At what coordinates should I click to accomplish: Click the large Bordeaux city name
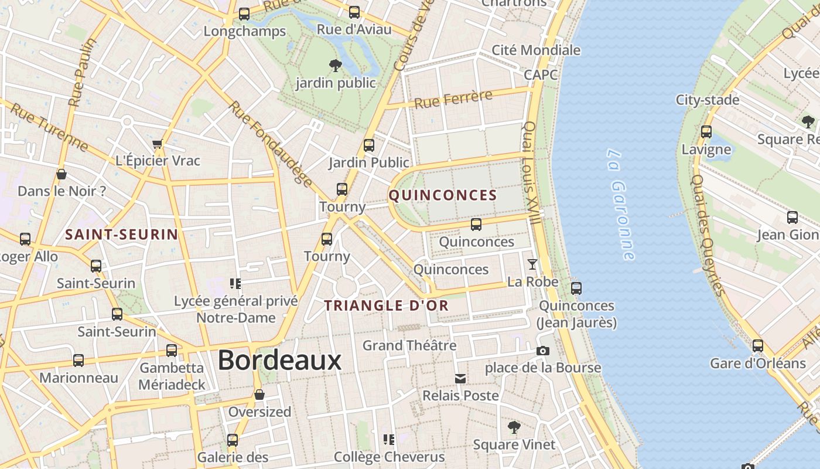[x=279, y=360]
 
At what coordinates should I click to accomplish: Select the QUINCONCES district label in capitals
[x=443, y=195]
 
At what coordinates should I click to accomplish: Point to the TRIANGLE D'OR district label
[x=387, y=305]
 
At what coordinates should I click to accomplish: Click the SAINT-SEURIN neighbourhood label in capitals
[x=121, y=235]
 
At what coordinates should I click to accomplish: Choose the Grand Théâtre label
[x=409, y=345]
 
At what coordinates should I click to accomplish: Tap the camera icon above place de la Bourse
[x=543, y=351]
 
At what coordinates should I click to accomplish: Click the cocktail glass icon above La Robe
[x=532, y=264]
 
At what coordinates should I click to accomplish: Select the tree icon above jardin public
[x=335, y=65]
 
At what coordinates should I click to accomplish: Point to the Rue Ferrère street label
[x=453, y=99]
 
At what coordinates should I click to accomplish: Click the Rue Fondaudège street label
[x=270, y=143]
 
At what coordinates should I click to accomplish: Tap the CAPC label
[x=540, y=74]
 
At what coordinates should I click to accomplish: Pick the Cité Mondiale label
[x=536, y=50]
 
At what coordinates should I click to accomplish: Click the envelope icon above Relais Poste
[x=460, y=379]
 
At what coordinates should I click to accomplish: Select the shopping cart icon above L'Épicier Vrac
[x=157, y=144]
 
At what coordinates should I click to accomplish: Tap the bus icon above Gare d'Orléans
[x=758, y=346]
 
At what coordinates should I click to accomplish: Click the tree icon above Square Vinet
[x=514, y=427]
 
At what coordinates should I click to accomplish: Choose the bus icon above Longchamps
[x=244, y=14]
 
